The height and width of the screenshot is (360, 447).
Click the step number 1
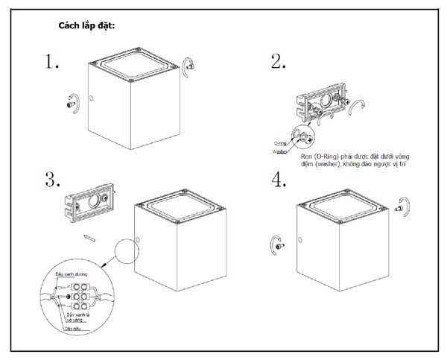point(51,62)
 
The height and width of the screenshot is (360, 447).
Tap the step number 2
point(279,62)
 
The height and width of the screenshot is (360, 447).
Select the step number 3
point(52,180)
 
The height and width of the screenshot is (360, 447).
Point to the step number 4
point(279,180)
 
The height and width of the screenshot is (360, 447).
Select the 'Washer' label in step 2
point(280,151)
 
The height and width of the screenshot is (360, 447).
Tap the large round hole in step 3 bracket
point(94,203)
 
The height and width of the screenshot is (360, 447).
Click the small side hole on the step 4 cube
point(299,239)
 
